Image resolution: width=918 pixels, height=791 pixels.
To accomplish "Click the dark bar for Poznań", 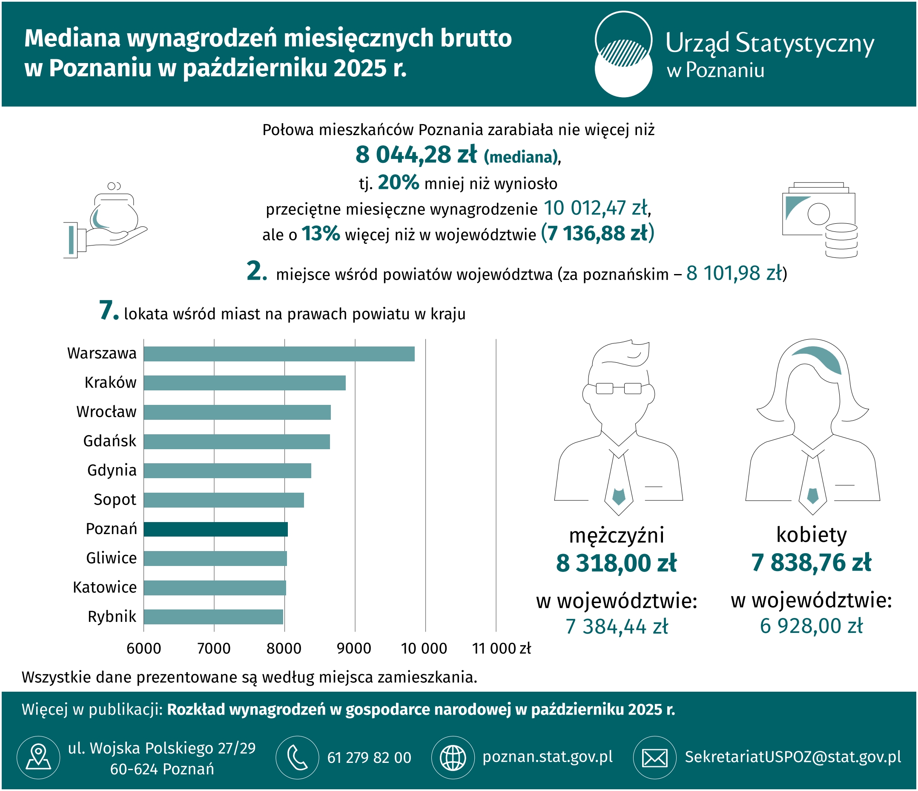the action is [216, 529].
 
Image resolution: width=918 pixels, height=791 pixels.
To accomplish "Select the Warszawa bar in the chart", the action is [279, 354].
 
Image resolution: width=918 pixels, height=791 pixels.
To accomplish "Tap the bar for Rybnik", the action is [214, 617].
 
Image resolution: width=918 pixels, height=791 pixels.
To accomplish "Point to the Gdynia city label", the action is [112, 471].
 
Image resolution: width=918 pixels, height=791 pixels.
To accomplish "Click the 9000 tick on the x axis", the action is [354, 648].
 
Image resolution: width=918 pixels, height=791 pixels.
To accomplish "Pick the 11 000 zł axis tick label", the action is [501, 648].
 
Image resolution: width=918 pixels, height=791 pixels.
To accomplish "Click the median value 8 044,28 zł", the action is [416, 155].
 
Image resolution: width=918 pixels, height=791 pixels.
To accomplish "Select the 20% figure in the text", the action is [398, 182].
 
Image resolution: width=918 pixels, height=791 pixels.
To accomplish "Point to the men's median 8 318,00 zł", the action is [616, 563].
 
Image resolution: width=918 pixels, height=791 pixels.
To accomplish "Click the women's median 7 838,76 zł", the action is [811, 563].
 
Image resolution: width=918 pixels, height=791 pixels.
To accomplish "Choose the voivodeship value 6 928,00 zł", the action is [811, 626].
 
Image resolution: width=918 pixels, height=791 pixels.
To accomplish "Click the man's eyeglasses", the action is [619, 388].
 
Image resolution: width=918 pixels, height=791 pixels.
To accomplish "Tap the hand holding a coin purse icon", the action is [106, 220].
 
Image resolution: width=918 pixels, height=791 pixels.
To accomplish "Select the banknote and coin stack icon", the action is [820, 219].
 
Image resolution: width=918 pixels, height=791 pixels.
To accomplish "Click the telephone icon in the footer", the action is [297, 758].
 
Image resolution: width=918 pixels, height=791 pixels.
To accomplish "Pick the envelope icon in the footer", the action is [655, 758].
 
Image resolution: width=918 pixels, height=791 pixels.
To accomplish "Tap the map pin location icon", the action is [39, 758].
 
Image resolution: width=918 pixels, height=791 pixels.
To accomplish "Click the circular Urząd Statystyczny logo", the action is [623, 54].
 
